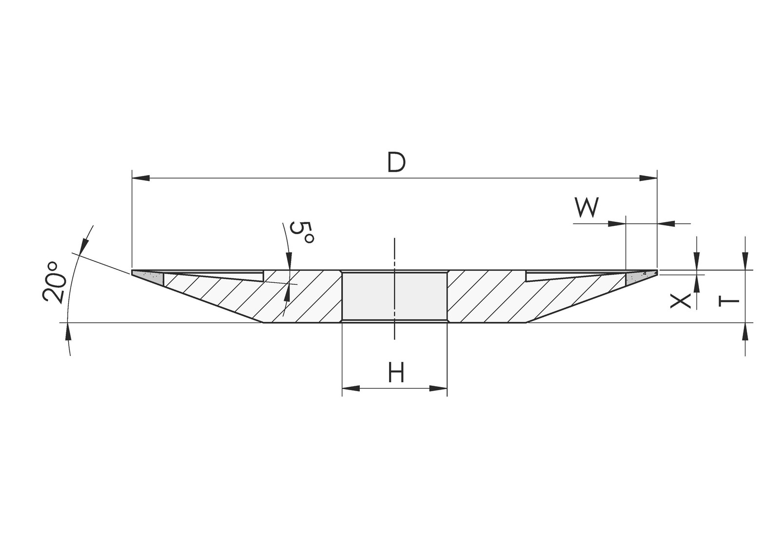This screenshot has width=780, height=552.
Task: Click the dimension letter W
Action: [x=587, y=207]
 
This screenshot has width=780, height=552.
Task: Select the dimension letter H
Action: [x=396, y=372]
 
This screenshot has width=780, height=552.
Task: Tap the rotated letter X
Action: [x=681, y=301]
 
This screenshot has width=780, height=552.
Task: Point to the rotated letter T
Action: [x=729, y=301]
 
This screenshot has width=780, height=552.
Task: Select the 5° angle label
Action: [x=302, y=233]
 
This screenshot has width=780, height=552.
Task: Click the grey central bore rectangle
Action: [x=394, y=296]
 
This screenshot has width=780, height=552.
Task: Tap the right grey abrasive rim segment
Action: [x=640, y=277]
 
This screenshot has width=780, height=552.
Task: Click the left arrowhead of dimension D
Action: [x=141, y=178]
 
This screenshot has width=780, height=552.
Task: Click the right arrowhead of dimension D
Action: [x=648, y=178]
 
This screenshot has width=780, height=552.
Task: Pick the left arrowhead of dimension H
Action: [x=351, y=388]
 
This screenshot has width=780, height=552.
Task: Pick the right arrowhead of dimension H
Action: [x=438, y=388]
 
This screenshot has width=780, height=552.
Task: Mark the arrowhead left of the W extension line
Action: [x=617, y=224]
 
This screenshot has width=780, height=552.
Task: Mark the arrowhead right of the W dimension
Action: [x=666, y=224]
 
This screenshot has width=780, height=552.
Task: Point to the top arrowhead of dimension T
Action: [x=745, y=261]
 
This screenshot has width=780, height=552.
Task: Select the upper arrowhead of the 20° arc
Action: [x=83, y=246]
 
